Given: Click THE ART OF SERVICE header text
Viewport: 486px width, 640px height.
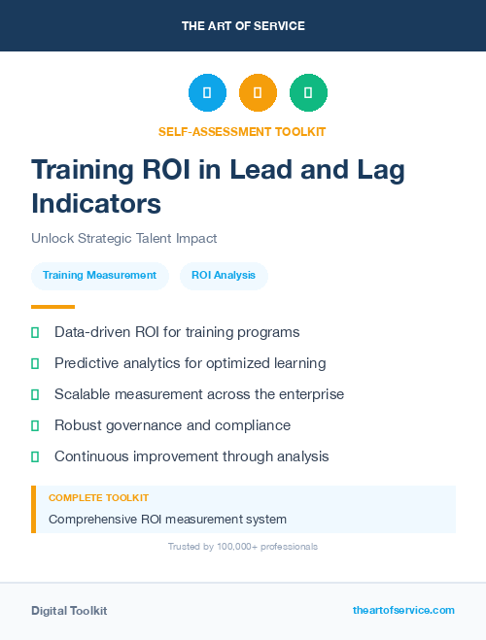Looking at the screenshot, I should (243, 26).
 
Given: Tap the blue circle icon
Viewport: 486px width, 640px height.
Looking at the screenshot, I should (207, 93).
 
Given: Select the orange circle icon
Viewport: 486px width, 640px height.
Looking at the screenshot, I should (258, 93).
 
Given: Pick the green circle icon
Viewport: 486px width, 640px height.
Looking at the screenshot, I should (308, 93).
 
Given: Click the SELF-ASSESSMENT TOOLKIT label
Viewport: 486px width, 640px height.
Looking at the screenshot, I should (242, 131).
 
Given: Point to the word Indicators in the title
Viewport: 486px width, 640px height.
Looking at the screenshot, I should (96, 204).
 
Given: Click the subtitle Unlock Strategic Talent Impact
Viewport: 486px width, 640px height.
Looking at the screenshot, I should (123, 238).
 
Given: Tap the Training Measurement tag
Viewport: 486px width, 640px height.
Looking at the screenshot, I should (99, 276).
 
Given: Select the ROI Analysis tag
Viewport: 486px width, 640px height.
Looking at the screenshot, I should (224, 276).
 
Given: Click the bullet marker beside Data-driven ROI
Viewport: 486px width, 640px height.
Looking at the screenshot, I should (35, 332).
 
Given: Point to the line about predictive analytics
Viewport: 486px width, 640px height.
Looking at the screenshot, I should (190, 363).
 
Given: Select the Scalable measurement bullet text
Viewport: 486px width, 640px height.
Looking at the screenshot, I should (199, 394).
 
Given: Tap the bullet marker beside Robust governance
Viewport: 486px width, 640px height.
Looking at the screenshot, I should (35, 425).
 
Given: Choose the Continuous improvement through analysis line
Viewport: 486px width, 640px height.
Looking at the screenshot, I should (191, 456).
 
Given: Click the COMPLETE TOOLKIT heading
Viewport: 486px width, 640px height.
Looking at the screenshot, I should (98, 498).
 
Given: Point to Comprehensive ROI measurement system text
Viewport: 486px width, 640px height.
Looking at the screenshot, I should (167, 519).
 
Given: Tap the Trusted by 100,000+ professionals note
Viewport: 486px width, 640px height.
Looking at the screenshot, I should (242, 547).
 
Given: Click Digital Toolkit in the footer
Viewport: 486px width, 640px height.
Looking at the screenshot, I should (69, 611).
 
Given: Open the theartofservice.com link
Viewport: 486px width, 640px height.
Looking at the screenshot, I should (403, 610).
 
